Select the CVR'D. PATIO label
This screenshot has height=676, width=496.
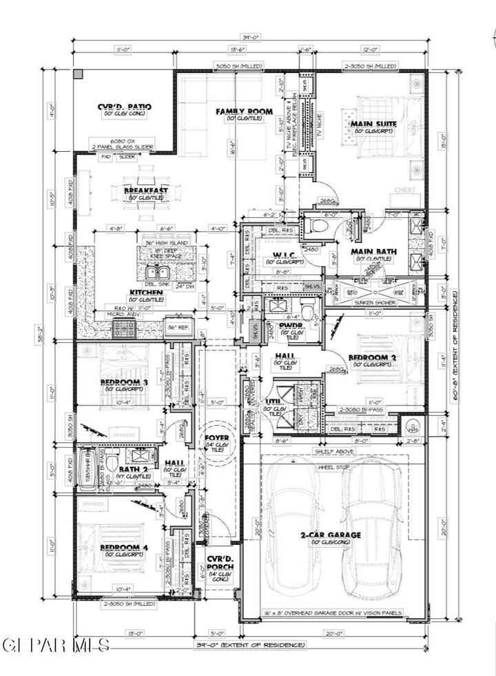coord(125,106)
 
